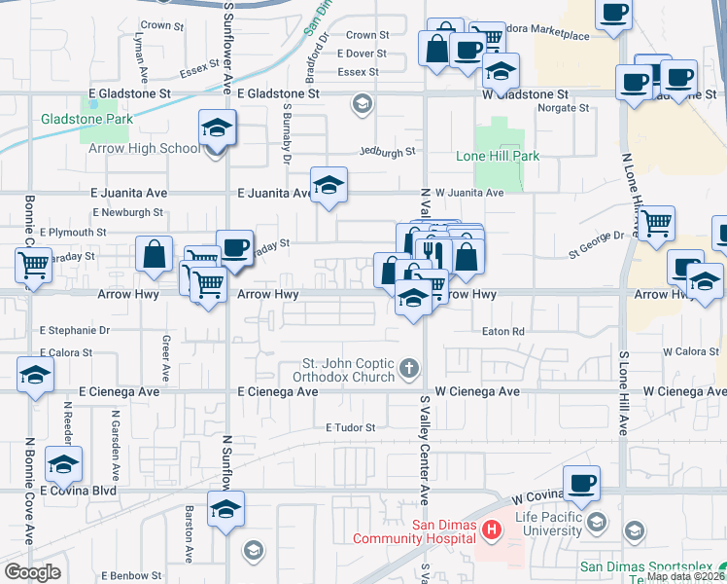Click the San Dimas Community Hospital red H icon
tap(492, 530)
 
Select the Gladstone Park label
tap(87, 120)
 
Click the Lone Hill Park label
tap(498, 156)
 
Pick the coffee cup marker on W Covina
tap(581, 484)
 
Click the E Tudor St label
tap(350, 427)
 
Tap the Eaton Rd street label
tap(503, 332)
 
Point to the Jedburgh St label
tap(386, 152)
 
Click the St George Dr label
tap(596, 236)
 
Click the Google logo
tap(32, 571)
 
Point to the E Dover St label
tap(363, 55)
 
